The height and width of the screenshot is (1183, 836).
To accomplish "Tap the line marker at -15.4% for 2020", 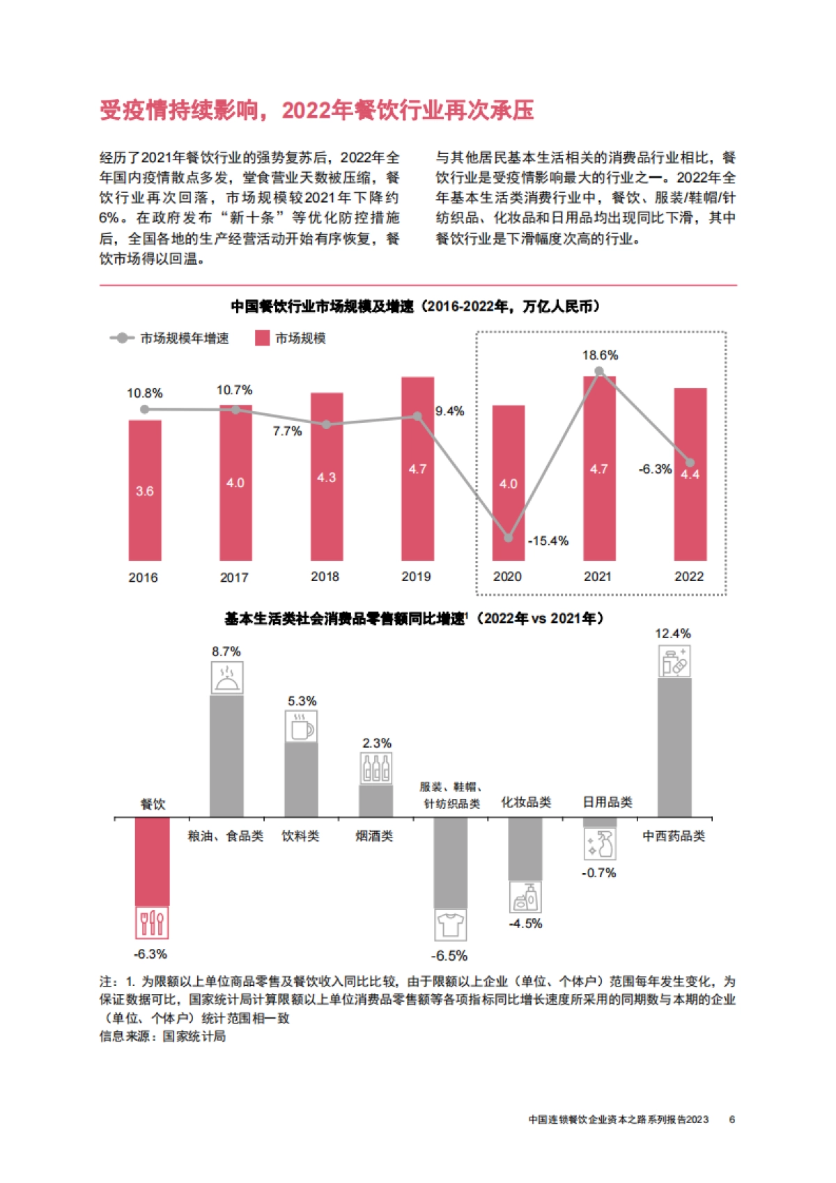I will tap(509, 538).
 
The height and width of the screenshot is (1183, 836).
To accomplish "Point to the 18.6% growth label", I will tap(600, 355).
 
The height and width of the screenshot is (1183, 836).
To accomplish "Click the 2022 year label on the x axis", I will tap(689, 577).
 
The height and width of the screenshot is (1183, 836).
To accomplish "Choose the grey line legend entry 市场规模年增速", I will tap(170, 339).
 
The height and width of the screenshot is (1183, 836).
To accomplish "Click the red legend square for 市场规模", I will tap(263, 339).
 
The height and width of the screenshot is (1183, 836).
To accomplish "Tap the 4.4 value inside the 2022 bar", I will tap(690, 474).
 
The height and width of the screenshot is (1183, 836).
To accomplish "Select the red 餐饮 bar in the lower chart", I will tap(152, 861).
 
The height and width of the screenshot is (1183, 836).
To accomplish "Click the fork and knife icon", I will tap(152, 924).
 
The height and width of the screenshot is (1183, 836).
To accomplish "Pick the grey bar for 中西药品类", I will tap(674, 747).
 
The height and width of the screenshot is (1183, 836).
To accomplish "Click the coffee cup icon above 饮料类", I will tap(302, 727).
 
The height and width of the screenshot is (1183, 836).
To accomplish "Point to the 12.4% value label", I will tap(672, 634).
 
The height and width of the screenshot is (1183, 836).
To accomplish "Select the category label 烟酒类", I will tap(374, 836).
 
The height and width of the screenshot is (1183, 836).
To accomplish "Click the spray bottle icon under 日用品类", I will tap(600, 844).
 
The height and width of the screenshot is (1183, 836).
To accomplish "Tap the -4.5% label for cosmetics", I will tap(525, 924).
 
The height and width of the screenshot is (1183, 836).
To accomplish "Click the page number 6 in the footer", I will tap(732, 1120).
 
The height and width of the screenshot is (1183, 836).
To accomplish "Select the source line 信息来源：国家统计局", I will tap(162, 1037).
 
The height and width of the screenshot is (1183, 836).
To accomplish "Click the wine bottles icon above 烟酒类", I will tap(376, 769).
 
